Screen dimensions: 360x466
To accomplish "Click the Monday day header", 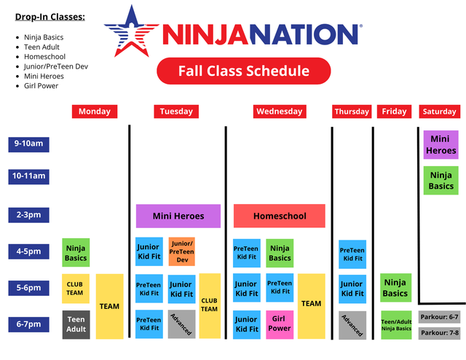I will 95,111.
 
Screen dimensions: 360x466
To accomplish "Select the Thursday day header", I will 352,111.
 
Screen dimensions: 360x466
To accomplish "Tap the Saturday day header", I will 440,111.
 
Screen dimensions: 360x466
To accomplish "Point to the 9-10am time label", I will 28,144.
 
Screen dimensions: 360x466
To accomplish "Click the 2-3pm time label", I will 28,216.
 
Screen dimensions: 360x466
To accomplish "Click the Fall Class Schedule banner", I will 244,71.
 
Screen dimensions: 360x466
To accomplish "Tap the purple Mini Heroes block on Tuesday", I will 178,216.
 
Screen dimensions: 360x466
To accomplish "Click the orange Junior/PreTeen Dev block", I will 182,251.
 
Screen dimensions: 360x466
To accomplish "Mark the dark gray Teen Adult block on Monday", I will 76,324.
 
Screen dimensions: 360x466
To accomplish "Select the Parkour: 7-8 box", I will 440,332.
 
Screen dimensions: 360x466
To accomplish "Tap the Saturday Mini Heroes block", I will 441,144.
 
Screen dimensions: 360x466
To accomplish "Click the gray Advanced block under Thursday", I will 352,324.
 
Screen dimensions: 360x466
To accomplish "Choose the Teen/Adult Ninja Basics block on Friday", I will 396,324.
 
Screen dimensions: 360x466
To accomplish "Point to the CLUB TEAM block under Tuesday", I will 210,305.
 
